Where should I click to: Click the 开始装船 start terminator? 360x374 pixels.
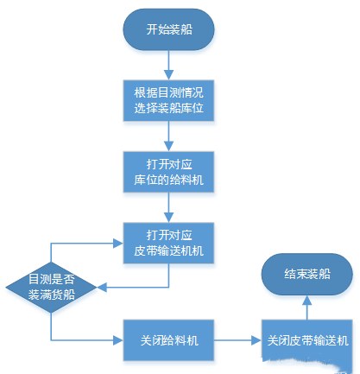168,29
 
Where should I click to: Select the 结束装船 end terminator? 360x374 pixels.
307,274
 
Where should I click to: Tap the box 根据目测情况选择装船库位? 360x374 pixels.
168,100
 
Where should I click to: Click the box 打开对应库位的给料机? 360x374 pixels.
168,172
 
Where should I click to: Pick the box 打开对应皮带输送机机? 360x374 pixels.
168,243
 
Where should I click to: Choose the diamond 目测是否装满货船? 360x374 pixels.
51,287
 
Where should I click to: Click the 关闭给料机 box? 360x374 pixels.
168,340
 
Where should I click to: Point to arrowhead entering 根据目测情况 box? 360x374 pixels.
168,75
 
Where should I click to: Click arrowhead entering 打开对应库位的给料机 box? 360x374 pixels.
168,147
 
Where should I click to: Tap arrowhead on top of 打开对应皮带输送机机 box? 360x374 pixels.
168,218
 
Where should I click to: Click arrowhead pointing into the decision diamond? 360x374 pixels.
102,287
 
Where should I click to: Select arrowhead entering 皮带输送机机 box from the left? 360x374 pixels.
118,244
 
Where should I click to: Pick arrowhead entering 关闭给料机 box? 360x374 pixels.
118,340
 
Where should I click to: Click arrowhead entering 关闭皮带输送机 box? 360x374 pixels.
256,340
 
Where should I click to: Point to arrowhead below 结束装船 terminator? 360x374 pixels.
307,300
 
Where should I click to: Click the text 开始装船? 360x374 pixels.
169,29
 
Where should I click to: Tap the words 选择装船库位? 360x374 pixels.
169,108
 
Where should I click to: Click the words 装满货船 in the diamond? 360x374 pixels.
52,295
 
